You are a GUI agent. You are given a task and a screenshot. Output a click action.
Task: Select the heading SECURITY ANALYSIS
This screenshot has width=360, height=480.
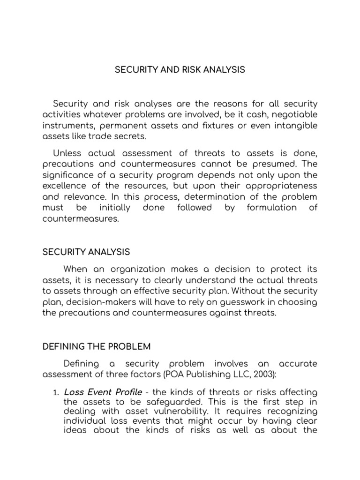click(x=86, y=252)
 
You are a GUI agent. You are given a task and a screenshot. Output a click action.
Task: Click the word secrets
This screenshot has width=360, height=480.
click(x=132, y=136)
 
